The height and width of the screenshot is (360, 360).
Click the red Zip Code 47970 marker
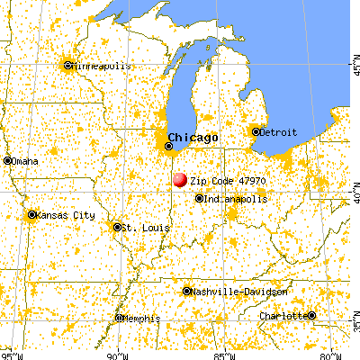point(178,180)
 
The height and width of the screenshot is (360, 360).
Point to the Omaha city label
point(24,160)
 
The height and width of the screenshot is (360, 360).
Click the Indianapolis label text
point(235,198)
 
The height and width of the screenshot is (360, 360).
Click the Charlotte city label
point(283,316)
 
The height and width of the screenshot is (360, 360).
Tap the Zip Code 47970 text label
point(228,180)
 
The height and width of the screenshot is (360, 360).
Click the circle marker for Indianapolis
point(199,199)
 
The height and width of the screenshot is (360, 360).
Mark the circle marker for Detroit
point(256,131)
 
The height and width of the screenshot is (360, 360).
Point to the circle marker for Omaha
point(7,160)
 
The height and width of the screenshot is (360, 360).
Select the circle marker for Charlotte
point(311,315)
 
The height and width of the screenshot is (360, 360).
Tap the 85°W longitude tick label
point(224,353)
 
